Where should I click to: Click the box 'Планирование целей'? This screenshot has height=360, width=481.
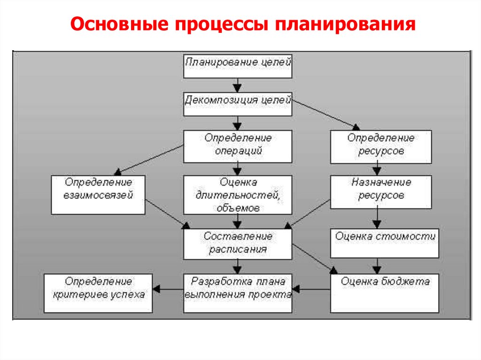[238, 66]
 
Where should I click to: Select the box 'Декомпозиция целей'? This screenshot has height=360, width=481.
[238, 104]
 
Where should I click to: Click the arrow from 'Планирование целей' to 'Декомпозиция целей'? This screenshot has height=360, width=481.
[238, 85]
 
